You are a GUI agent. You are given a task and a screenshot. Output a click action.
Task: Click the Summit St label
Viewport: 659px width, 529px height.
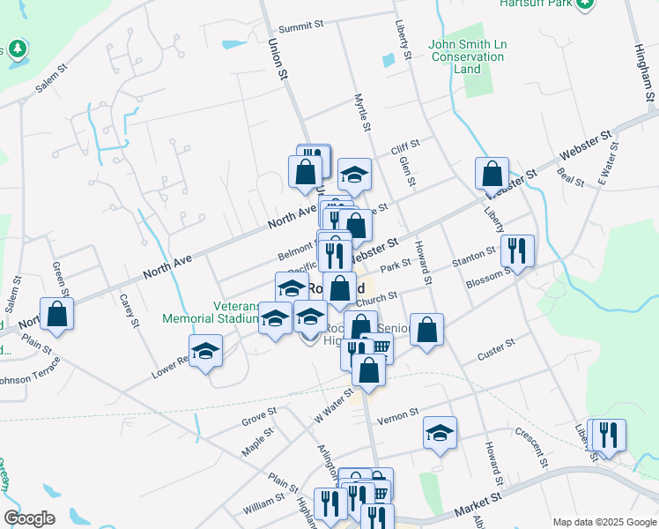click(x=301, y=26)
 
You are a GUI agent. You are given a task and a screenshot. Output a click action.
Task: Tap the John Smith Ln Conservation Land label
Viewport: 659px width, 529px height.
click(x=467, y=56)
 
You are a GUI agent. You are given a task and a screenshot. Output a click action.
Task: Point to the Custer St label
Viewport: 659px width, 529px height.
click(x=496, y=351)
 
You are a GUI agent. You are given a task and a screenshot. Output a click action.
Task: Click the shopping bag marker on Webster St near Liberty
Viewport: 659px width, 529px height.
click(x=492, y=173)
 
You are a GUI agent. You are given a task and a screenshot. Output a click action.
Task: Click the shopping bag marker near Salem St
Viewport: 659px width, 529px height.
click(x=56, y=315)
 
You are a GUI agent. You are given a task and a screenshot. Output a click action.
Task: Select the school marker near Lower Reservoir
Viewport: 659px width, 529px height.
click(x=206, y=351)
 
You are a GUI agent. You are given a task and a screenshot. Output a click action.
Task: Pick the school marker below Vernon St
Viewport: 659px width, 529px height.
click(x=440, y=433)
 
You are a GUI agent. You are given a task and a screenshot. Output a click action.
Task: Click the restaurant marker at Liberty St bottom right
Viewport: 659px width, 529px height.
click(x=608, y=435)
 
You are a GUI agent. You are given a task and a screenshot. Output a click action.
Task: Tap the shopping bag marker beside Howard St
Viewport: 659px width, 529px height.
click(x=426, y=331)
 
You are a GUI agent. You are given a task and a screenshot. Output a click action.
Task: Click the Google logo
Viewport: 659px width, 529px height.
click(x=29, y=518)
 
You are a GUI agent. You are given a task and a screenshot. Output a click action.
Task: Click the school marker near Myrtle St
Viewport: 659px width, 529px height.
click(x=354, y=175)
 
